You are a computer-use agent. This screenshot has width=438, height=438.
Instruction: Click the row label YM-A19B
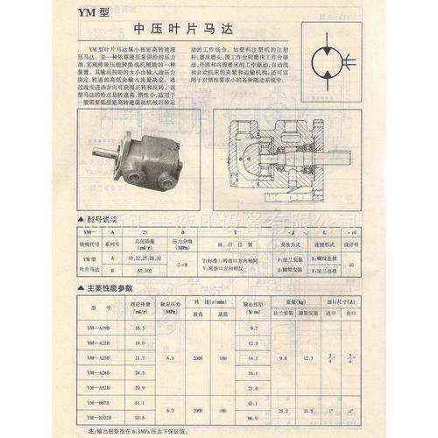99,327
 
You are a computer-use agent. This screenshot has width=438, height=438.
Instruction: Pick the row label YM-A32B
99,386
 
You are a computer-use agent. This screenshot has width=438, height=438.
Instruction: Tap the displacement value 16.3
140,327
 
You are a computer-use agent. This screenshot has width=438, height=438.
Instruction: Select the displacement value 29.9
140,386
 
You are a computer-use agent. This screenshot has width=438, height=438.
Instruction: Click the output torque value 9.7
254,327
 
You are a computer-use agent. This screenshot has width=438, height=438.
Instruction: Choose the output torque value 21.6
254,386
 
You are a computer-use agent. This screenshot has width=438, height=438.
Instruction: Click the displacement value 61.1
140,402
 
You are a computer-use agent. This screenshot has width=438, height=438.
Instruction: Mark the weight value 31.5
307,410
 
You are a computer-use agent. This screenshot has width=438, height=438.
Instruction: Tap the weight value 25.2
282,410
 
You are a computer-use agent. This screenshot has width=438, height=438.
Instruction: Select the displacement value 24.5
140,371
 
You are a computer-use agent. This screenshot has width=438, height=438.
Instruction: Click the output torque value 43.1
254,402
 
